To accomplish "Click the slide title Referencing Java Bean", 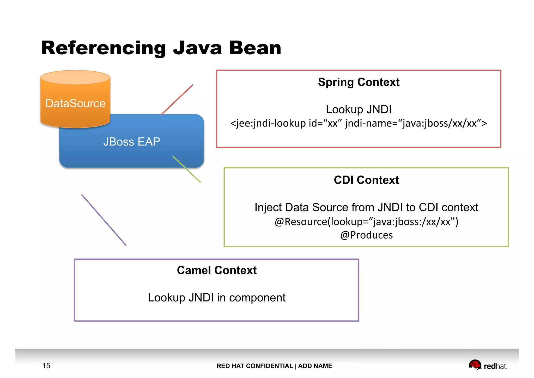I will (161, 48).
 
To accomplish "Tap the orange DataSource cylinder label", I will (75, 103).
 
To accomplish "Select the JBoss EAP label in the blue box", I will (132, 142).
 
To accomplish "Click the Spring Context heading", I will (359, 82).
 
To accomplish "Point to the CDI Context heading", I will (366, 180).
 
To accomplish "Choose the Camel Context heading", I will (217, 270).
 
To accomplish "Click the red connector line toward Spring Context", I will (177, 100).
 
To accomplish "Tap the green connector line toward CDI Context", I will (187, 169).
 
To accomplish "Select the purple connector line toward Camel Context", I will (104, 220).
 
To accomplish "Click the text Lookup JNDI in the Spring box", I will (359, 109).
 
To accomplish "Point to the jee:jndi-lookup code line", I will (359, 123).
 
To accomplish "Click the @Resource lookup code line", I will (366, 222).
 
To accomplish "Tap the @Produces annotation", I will (366, 235).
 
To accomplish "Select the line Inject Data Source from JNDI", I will (366, 207).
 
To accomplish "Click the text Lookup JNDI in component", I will (217, 298).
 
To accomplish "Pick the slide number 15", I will (46, 366).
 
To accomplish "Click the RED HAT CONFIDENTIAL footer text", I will (254, 366).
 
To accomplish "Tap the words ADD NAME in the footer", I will (315, 366).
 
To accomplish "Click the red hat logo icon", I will (475, 365).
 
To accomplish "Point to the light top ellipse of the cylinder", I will (75, 77).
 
